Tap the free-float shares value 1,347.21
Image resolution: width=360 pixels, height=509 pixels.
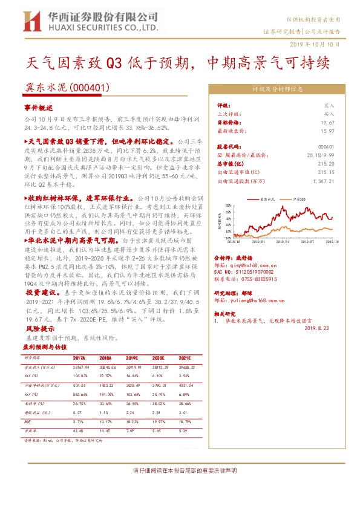(322, 181)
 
